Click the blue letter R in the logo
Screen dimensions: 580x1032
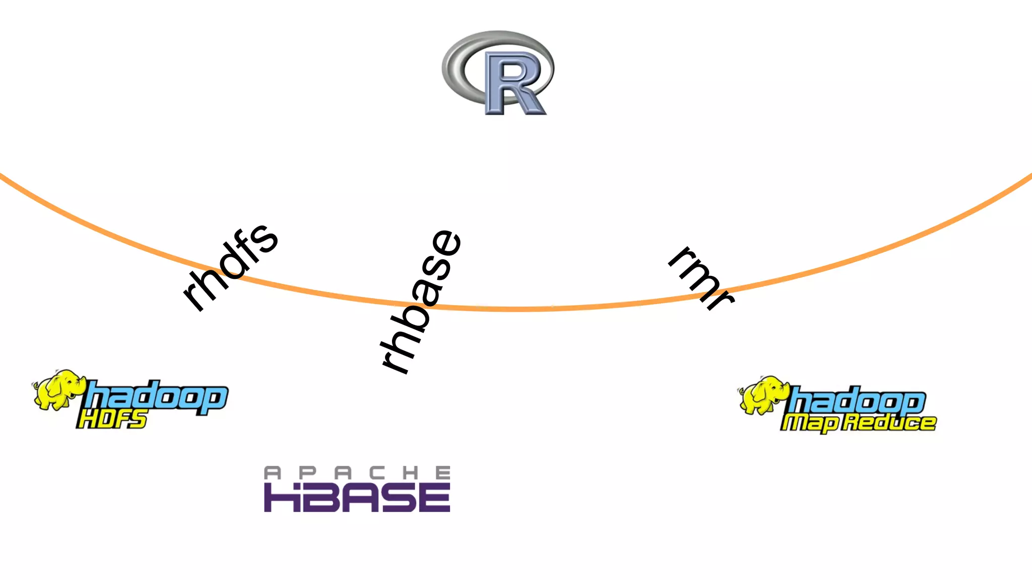pos(513,83)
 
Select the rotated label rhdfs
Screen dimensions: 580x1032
pos(230,267)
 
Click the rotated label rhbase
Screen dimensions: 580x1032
pos(421,302)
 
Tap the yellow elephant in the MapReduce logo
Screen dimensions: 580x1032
pos(763,395)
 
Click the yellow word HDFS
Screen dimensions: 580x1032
pos(112,419)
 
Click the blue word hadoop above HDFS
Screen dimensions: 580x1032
pos(156,397)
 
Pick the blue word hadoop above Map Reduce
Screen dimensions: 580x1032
pos(857,401)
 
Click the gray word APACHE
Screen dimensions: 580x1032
pos(357,473)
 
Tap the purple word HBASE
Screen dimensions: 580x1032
pos(357,497)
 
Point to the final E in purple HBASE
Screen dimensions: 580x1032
pos(434,497)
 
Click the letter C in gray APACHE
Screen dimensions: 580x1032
pos(377,473)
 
